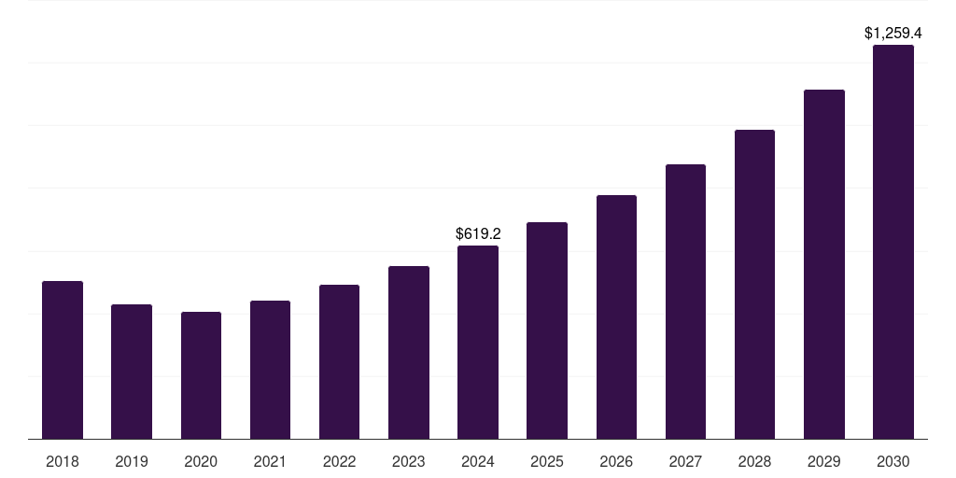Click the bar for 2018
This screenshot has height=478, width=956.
[63, 359]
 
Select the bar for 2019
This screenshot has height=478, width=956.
[132, 372]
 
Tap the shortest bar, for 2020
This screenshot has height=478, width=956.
[201, 375]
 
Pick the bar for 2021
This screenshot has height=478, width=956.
[270, 370]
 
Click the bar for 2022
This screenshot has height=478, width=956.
[339, 361]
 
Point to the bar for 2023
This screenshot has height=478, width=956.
[409, 352]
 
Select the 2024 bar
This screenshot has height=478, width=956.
[478, 342]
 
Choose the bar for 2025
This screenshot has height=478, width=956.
[547, 330]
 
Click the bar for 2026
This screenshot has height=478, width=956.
[616, 316]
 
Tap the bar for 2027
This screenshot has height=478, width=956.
[685, 302]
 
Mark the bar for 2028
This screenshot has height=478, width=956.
[754, 284]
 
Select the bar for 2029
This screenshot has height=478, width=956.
[823, 264]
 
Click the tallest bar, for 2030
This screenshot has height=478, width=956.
[893, 242]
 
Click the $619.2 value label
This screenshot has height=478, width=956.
[478, 233]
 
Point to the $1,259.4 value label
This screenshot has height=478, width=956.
[893, 33]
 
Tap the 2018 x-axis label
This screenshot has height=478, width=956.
[63, 461]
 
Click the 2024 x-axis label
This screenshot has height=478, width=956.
[478, 461]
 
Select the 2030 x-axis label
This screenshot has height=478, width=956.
[893, 461]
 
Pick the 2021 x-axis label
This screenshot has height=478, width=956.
[270, 461]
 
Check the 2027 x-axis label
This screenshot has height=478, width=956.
[685, 461]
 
